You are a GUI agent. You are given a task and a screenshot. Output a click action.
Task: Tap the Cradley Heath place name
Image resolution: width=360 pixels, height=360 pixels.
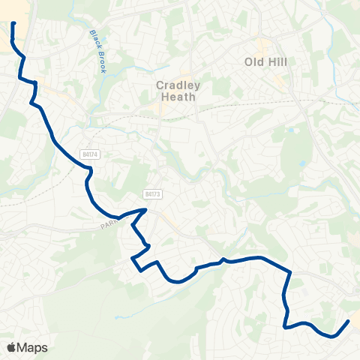coord(176,91)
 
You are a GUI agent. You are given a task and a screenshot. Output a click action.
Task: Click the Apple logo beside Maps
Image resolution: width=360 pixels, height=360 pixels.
coord(11,347)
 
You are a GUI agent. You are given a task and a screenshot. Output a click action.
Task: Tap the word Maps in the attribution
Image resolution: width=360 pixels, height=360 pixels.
coord(33,347)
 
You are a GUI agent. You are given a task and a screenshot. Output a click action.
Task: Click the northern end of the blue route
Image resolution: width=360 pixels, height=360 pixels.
coord(13,24)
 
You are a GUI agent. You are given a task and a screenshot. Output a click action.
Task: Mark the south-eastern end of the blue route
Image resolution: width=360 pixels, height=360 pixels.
coord(348,322)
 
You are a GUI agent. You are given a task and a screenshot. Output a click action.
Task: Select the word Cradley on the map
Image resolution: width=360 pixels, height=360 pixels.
coord(176,85)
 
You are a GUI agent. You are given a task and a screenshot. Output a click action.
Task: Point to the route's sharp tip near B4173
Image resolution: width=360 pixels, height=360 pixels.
coord(146,210)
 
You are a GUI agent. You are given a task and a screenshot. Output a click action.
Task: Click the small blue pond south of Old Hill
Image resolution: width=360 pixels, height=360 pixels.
coord(302,163)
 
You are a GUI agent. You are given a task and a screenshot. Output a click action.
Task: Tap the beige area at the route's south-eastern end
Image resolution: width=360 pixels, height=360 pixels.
coord(355,320)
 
